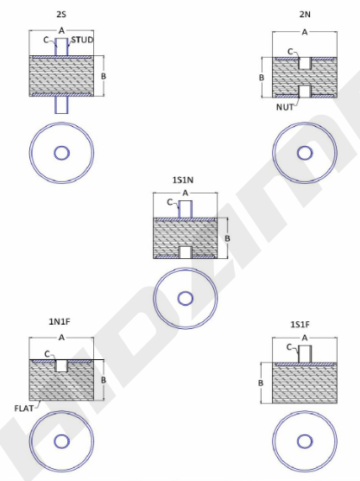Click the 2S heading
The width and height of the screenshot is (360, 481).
click(61, 14)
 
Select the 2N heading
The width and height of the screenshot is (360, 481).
click(305, 14)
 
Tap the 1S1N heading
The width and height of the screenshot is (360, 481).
click(183, 180)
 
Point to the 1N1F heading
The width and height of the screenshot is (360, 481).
click(60, 321)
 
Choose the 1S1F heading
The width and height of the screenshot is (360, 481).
click(300, 324)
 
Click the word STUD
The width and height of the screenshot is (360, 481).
click(82, 40)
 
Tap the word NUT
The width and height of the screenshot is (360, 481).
click(285, 107)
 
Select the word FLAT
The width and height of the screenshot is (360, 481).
click(24, 408)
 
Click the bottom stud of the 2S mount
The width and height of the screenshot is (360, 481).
click(61, 104)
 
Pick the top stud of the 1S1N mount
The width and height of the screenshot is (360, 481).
click(186, 209)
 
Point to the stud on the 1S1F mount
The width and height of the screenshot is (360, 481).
click(305, 354)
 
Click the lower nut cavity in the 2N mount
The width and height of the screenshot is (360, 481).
click(305, 92)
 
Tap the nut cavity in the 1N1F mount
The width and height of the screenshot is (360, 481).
click(61, 365)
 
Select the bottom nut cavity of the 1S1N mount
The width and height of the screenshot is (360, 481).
click(186, 252)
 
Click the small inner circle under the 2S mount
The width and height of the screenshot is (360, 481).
click(61, 153)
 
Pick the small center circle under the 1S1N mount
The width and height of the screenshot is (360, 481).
click(186, 298)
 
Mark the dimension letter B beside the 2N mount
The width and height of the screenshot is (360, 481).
click(262, 78)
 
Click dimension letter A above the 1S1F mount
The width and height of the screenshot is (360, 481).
click(305, 338)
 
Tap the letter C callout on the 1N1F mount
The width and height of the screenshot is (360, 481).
click(47, 354)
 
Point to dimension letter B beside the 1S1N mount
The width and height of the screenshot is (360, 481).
click(227, 238)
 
